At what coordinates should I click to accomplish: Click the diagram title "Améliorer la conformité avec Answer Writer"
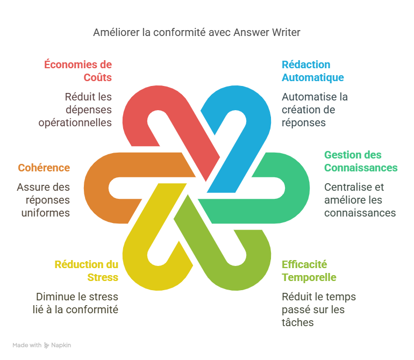197,32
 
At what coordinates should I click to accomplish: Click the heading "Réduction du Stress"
86,271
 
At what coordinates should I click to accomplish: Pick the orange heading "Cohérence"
44,168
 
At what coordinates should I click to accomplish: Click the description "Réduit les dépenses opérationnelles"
75,110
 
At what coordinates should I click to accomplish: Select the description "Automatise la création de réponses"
315,110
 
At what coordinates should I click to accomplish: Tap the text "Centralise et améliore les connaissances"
360,200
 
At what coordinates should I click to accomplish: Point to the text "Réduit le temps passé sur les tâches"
319,309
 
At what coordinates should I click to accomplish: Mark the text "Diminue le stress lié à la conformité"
77,303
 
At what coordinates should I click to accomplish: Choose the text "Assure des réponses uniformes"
44,200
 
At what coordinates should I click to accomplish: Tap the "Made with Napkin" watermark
42,345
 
